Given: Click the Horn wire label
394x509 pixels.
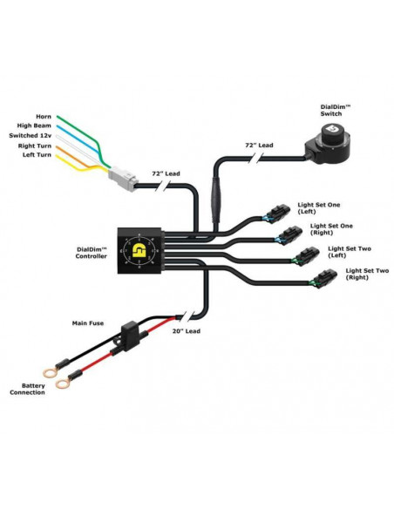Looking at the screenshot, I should (x=43, y=116).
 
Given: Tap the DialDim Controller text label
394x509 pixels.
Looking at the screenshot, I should (x=92, y=253).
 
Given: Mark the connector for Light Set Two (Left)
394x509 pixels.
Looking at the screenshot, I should (x=303, y=256).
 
